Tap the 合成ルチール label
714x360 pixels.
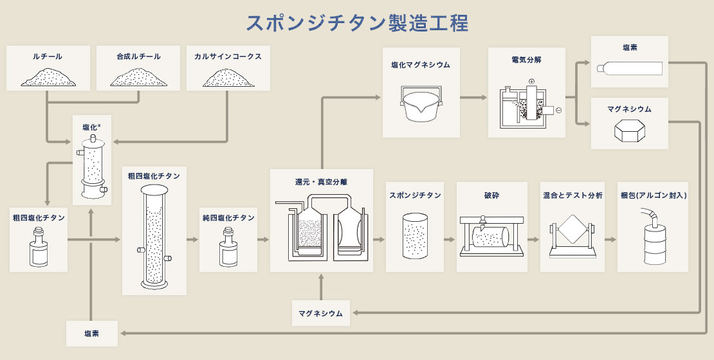click(x=139, y=57)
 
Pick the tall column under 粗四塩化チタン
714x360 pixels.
click(x=154, y=239)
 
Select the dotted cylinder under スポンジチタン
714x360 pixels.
click(x=414, y=236)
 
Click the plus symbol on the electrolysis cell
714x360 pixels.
click(x=531, y=82)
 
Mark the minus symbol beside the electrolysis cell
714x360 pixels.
click(x=558, y=111)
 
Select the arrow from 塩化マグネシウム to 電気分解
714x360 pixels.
click(x=473, y=98)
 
